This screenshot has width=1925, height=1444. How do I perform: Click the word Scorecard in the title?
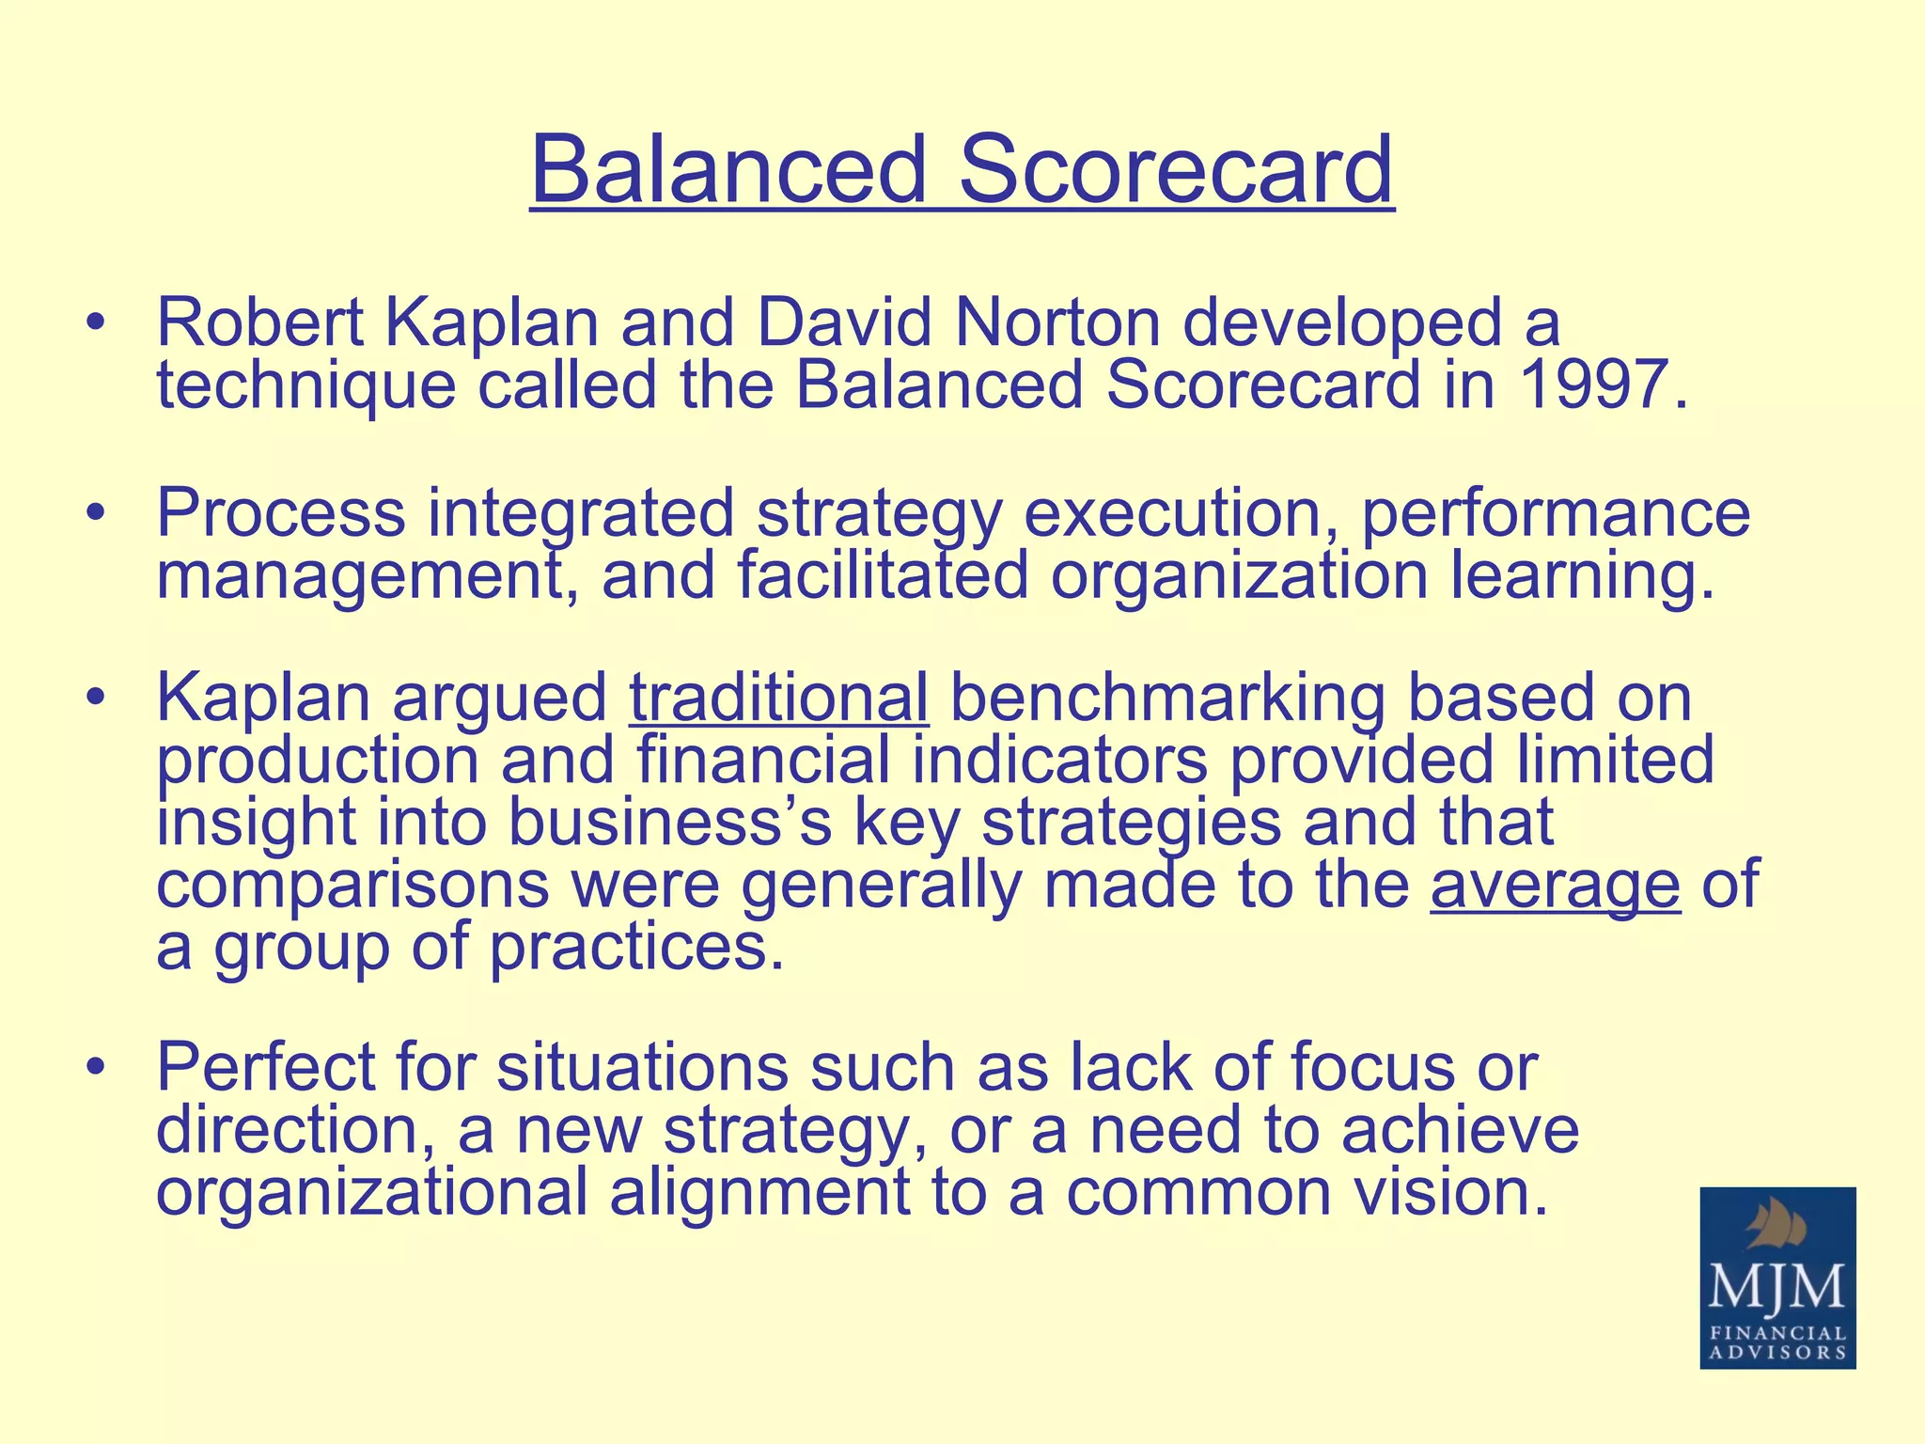(1175, 169)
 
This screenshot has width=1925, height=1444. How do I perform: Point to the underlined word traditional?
(778, 698)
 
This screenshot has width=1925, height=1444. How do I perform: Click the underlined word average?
(1555, 885)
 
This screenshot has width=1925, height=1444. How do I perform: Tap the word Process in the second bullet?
(281, 513)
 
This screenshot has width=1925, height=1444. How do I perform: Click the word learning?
(1582, 575)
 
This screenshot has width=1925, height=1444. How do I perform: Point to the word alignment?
(759, 1192)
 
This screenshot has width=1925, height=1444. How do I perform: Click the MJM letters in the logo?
(1776, 1287)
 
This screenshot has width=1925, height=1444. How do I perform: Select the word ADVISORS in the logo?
(1776, 1353)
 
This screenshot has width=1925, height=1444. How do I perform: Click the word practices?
(636, 947)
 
